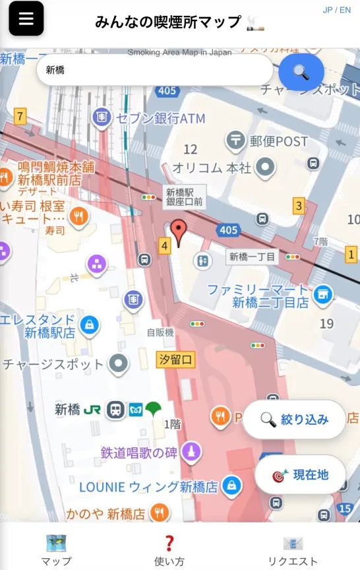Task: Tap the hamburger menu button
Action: tap(26, 18)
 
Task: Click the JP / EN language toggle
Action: tap(336, 10)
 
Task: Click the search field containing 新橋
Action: tap(154, 70)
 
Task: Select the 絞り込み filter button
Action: tap(294, 420)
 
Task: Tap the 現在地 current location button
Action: tap(300, 475)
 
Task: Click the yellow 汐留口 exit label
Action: tap(176, 360)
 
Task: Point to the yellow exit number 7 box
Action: tap(20, 117)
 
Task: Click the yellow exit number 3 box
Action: tap(299, 206)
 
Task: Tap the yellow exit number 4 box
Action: tap(164, 246)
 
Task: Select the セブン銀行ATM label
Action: tap(160, 119)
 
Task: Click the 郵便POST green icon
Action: tap(235, 139)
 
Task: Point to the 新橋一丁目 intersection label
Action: tap(253, 257)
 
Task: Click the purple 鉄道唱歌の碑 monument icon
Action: tap(191, 452)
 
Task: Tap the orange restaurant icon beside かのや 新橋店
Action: tap(159, 512)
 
